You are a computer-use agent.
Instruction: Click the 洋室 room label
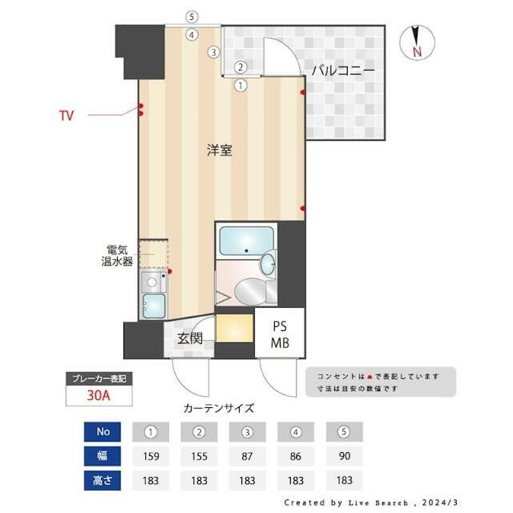[219, 150]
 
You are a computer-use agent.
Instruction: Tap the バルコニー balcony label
[342, 71]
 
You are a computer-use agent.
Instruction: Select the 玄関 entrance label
[189, 339]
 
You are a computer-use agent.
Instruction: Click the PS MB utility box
[279, 335]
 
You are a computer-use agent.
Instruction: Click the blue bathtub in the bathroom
[245, 240]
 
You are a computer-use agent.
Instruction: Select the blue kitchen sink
[153, 305]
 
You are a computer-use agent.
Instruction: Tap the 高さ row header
[102, 480]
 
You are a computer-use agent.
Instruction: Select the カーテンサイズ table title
[219, 408]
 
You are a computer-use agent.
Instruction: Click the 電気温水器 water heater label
[117, 256]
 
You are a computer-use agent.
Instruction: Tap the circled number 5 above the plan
[191, 16]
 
